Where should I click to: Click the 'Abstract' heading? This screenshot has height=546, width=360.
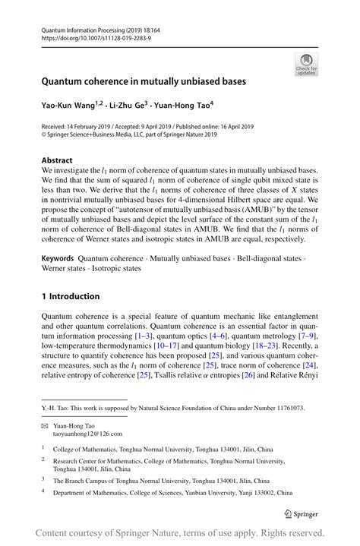point(57,161)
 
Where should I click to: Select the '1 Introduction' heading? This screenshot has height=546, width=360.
point(71,296)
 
